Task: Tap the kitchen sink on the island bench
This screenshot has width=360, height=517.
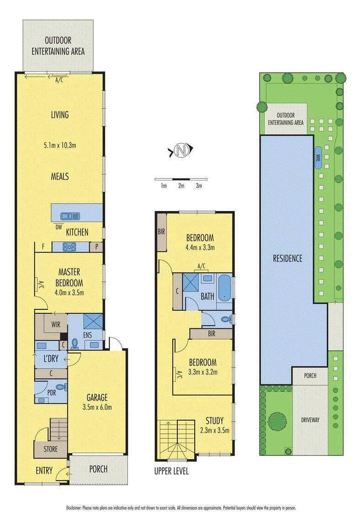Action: point(70,216)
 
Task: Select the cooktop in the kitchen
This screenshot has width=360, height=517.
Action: point(69,246)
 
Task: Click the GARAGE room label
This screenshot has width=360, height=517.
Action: point(97,397)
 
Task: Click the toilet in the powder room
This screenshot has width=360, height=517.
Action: point(61,387)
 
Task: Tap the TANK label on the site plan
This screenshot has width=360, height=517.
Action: point(318,158)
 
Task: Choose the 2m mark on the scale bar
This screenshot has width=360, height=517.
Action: point(181,186)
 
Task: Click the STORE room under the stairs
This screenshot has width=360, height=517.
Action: point(50,449)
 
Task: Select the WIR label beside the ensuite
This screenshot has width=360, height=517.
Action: point(56,324)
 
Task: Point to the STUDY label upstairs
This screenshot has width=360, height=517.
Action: point(215,421)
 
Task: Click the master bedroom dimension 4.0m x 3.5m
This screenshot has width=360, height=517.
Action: point(69,292)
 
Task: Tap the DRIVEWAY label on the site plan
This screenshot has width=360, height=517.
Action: point(310,420)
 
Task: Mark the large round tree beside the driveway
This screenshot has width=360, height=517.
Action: point(277,421)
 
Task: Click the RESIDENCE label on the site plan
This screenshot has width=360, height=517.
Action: point(287,258)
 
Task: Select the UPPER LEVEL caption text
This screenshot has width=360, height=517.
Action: point(171,471)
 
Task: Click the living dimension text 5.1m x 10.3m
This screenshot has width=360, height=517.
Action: point(60,145)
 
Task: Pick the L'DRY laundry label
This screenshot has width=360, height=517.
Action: point(51,359)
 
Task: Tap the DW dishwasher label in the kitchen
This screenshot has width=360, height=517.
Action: point(58,227)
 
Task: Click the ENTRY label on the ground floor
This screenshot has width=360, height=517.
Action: point(44,470)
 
